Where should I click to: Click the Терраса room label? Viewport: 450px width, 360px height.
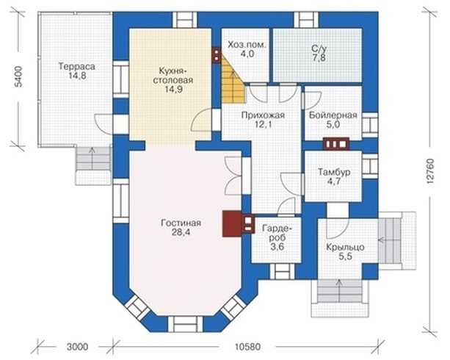pyautogui.click(x=76, y=66)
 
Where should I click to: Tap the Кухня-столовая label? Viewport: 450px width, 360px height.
pyautogui.click(x=173, y=75)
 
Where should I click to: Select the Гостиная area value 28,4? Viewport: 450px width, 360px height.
pyautogui.click(x=181, y=232)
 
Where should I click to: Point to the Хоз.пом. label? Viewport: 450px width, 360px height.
pyautogui.click(x=247, y=45)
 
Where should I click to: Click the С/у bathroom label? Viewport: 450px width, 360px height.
pyautogui.click(x=319, y=48)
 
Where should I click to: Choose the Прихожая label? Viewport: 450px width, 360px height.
pyautogui.click(x=263, y=115)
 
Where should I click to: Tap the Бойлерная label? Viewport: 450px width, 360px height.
pyautogui.click(x=333, y=115)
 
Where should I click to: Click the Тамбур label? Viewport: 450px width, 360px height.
pyautogui.click(x=334, y=172)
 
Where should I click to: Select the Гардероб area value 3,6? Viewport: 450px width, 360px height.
pyautogui.click(x=277, y=247)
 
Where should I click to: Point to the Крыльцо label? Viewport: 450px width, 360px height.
pyautogui.click(x=345, y=247)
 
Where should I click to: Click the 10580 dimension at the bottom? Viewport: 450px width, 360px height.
pyautogui.click(x=247, y=347)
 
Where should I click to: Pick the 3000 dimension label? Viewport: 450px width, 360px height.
pyautogui.click(x=77, y=347)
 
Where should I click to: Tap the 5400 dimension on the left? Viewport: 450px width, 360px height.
pyautogui.click(x=18, y=76)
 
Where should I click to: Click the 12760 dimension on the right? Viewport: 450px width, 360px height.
pyautogui.click(x=431, y=171)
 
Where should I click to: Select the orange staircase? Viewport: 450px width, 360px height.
pyautogui.click(x=233, y=79)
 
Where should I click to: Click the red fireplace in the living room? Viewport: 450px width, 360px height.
pyautogui.click(x=232, y=224)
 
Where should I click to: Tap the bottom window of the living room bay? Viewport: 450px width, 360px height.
pyautogui.click(x=185, y=324)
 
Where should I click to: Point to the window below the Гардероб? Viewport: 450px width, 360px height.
pyautogui.click(x=283, y=271)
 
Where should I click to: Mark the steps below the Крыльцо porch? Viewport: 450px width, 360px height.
pyautogui.click(x=339, y=291)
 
